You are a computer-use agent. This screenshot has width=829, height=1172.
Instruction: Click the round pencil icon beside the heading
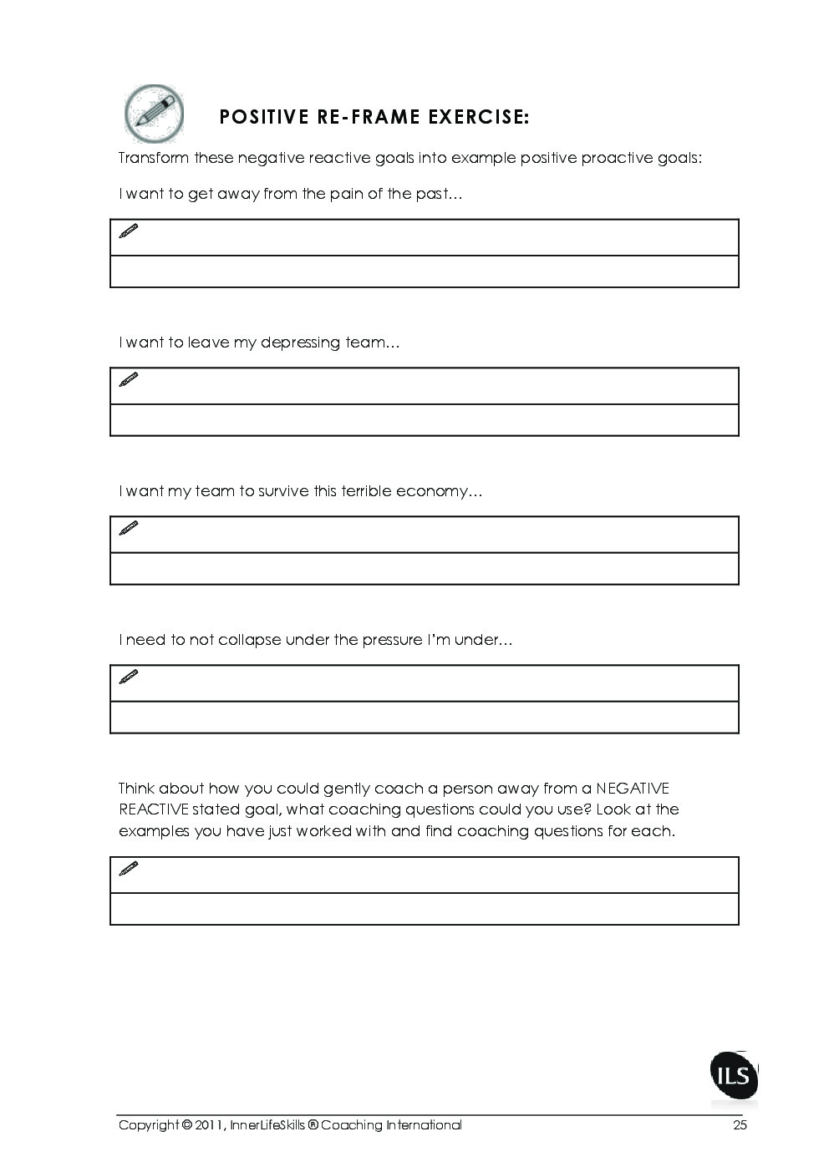click(154, 114)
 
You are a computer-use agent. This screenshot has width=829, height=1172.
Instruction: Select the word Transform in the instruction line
click(153, 158)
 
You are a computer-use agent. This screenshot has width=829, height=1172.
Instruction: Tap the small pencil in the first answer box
click(129, 231)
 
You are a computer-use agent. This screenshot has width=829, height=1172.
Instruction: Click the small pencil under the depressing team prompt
click(129, 379)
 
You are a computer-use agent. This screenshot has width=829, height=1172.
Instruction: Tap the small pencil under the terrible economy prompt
click(129, 528)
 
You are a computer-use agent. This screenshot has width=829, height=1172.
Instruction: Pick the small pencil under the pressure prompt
click(129, 677)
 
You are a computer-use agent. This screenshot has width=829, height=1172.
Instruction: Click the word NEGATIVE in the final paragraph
click(633, 789)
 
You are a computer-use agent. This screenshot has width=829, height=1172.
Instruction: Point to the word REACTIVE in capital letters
click(153, 809)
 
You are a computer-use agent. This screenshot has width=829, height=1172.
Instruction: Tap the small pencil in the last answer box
click(129, 869)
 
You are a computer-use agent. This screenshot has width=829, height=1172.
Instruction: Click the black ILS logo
click(734, 1075)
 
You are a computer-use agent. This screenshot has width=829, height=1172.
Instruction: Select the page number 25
click(740, 1125)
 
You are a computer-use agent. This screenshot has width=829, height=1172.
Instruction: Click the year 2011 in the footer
click(209, 1125)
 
